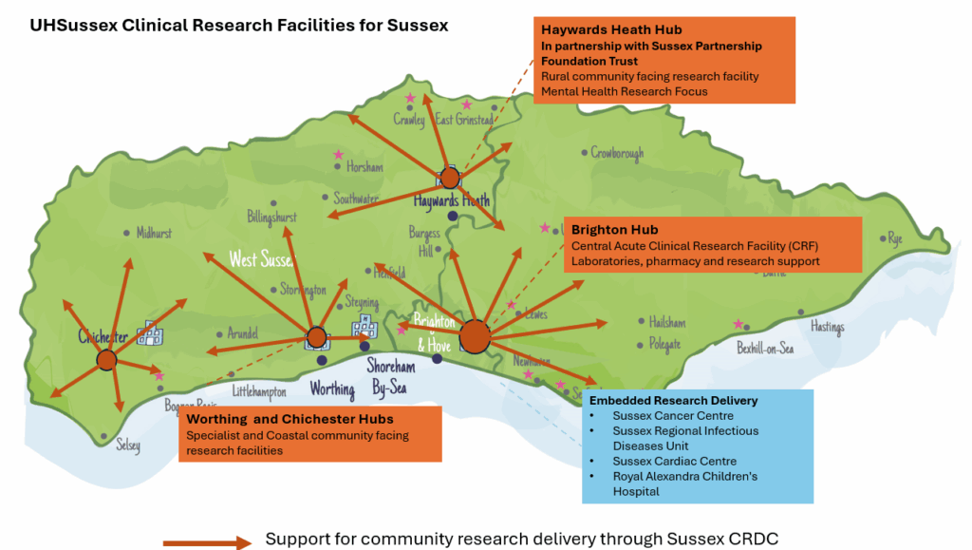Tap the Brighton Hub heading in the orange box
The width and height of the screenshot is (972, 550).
point(615,230)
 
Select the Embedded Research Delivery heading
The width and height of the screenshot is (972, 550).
point(673,401)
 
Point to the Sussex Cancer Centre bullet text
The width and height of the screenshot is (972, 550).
point(673,416)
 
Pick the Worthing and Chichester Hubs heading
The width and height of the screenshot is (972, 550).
point(290,419)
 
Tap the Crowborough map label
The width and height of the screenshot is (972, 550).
point(617,153)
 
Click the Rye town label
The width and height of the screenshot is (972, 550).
point(894,239)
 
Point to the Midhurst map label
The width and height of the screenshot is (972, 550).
point(154,233)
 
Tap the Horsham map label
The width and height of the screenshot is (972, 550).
point(364,167)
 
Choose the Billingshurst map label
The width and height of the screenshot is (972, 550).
point(271,217)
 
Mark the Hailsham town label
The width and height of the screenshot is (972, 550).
point(667,322)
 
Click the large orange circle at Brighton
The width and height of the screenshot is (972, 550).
point(475,335)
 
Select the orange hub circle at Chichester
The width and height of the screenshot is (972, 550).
point(106,360)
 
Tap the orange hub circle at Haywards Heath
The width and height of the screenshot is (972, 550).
point(450,178)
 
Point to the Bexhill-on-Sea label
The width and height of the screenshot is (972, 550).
point(765,349)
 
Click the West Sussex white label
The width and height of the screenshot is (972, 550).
point(262,259)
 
